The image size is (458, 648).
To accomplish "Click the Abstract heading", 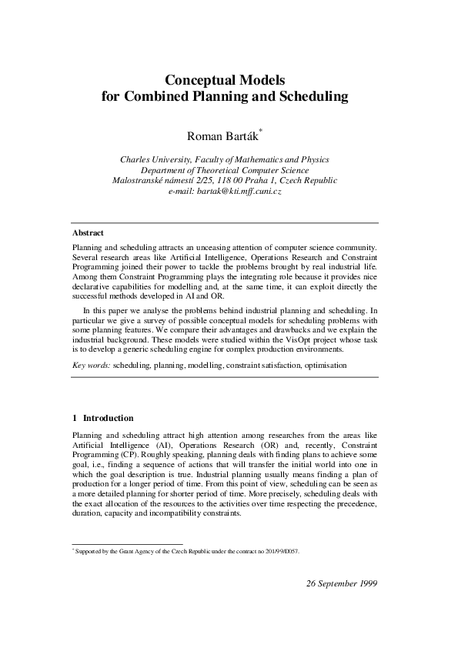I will pos(89,232).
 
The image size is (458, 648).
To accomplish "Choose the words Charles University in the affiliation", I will pos(156,159).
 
